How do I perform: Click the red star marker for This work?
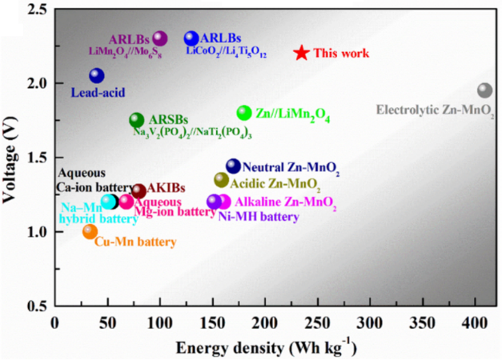coord(301,53)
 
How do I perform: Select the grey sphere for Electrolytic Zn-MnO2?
coord(484,91)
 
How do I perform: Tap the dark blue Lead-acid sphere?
coord(97,75)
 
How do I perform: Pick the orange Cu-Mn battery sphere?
coord(90,231)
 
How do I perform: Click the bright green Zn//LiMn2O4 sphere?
coord(244,113)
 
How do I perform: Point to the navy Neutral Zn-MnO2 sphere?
coord(233,166)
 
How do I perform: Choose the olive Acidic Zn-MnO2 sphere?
coord(221,180)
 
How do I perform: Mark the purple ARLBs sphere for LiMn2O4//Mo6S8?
coord(160,38)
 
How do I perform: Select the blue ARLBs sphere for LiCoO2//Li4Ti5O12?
coord(191,38)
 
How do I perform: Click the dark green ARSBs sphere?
coord(137,120)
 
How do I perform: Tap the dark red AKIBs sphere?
coord(139,191)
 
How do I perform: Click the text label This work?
coord(341,54)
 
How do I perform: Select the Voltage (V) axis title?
coord(11,158)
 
